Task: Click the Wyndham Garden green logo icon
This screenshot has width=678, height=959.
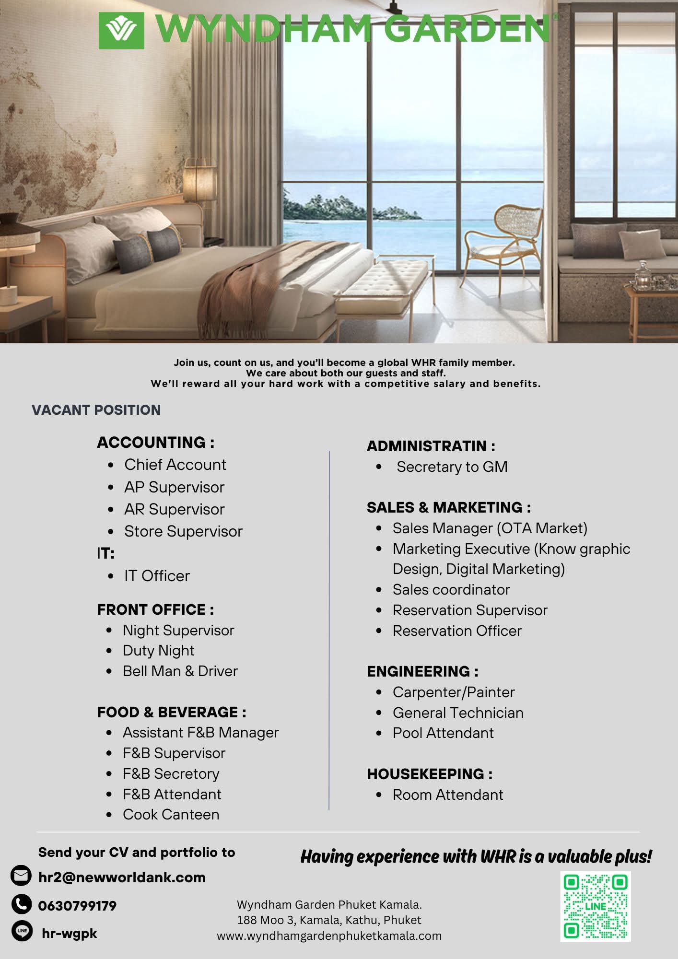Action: (x=121, y=31)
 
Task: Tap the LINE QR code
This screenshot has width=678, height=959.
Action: (x=595, y=906)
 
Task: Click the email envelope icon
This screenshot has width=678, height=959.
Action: (x=21, y=876)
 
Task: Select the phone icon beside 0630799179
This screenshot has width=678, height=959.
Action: (x=21, y=904)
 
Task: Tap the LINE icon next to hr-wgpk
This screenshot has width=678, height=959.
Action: (x=22, y=931)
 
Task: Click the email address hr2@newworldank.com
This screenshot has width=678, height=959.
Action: (x=122, y=877)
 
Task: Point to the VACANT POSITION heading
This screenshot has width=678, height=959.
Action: (x=96, y=410)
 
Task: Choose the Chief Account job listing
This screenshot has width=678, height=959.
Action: (x=175, y=465)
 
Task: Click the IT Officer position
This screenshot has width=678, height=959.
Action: (x=157, y=576)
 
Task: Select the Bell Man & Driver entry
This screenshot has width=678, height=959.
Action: (x=180, y=671)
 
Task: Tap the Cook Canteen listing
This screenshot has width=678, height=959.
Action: (x=171, y=814)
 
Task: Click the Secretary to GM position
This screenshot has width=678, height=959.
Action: (x=452, y=467)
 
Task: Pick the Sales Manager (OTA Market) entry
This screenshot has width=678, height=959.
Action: (x=490, y=528)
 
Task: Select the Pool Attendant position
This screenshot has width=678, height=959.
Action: (x=443, y=733)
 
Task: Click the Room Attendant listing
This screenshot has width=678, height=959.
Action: (x=448, y=795)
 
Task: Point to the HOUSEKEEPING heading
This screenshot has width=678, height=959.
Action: (x=430, y=774)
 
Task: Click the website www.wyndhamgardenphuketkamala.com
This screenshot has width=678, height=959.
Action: (x=329, y=936)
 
